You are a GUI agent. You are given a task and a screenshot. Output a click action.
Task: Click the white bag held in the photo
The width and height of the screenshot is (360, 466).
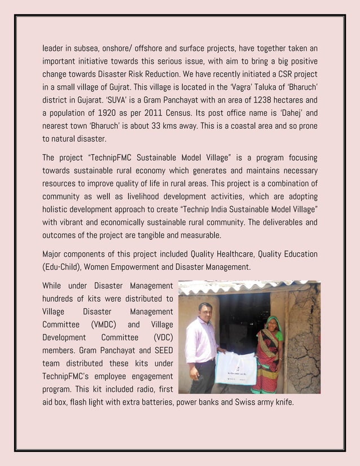click(x=236, y=368)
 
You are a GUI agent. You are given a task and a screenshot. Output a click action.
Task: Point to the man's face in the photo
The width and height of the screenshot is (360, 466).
click(x=205, y=311)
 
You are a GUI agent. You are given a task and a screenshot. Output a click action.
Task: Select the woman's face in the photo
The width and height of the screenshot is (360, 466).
click(x=273, y=324)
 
